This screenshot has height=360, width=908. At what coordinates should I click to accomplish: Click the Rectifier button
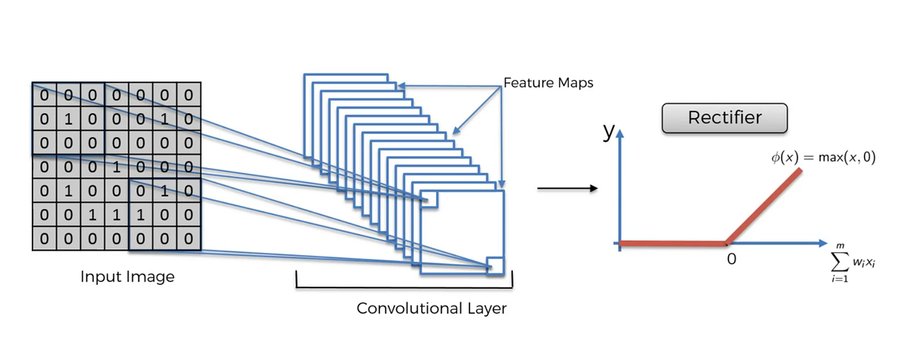click(724, 118)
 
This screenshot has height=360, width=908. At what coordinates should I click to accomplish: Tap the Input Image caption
click(127, 277)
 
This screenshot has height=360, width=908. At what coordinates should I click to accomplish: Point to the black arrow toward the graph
click(567, 189)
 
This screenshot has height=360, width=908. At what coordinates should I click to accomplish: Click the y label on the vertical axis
click(608, 132)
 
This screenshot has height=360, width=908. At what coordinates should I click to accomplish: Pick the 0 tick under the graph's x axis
click(732, 259)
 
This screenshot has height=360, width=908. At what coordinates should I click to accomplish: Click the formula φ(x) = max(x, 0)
click(823, 158)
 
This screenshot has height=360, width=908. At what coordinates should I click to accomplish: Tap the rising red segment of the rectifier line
click(765, 206)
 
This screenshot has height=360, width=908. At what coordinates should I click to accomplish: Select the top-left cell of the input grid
click(44, 95)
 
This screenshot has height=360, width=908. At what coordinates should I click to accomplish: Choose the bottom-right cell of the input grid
click(188, 239)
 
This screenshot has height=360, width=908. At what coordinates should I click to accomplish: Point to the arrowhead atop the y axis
click(621, 134)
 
